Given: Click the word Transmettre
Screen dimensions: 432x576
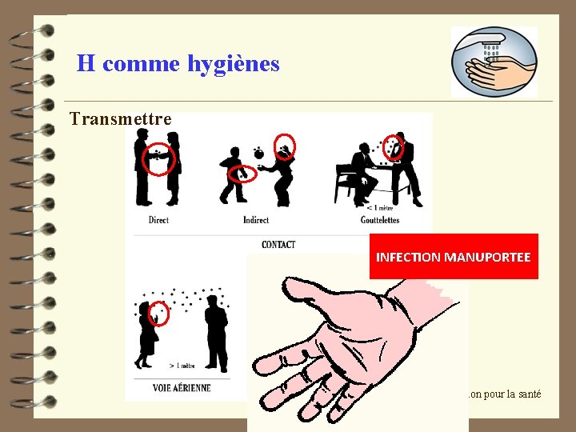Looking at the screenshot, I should (120, 119).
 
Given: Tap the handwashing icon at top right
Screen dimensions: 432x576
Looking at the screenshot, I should (494, 62).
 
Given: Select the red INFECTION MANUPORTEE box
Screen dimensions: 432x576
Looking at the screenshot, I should (453, 257).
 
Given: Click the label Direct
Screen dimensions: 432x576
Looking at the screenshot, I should (158, 220).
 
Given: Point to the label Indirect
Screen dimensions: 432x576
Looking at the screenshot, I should (256, 220).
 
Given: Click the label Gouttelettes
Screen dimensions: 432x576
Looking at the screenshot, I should (379, 220).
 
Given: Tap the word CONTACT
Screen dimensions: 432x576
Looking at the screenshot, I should (278, 244).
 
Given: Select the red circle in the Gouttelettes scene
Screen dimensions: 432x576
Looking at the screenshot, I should (393, 147).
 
